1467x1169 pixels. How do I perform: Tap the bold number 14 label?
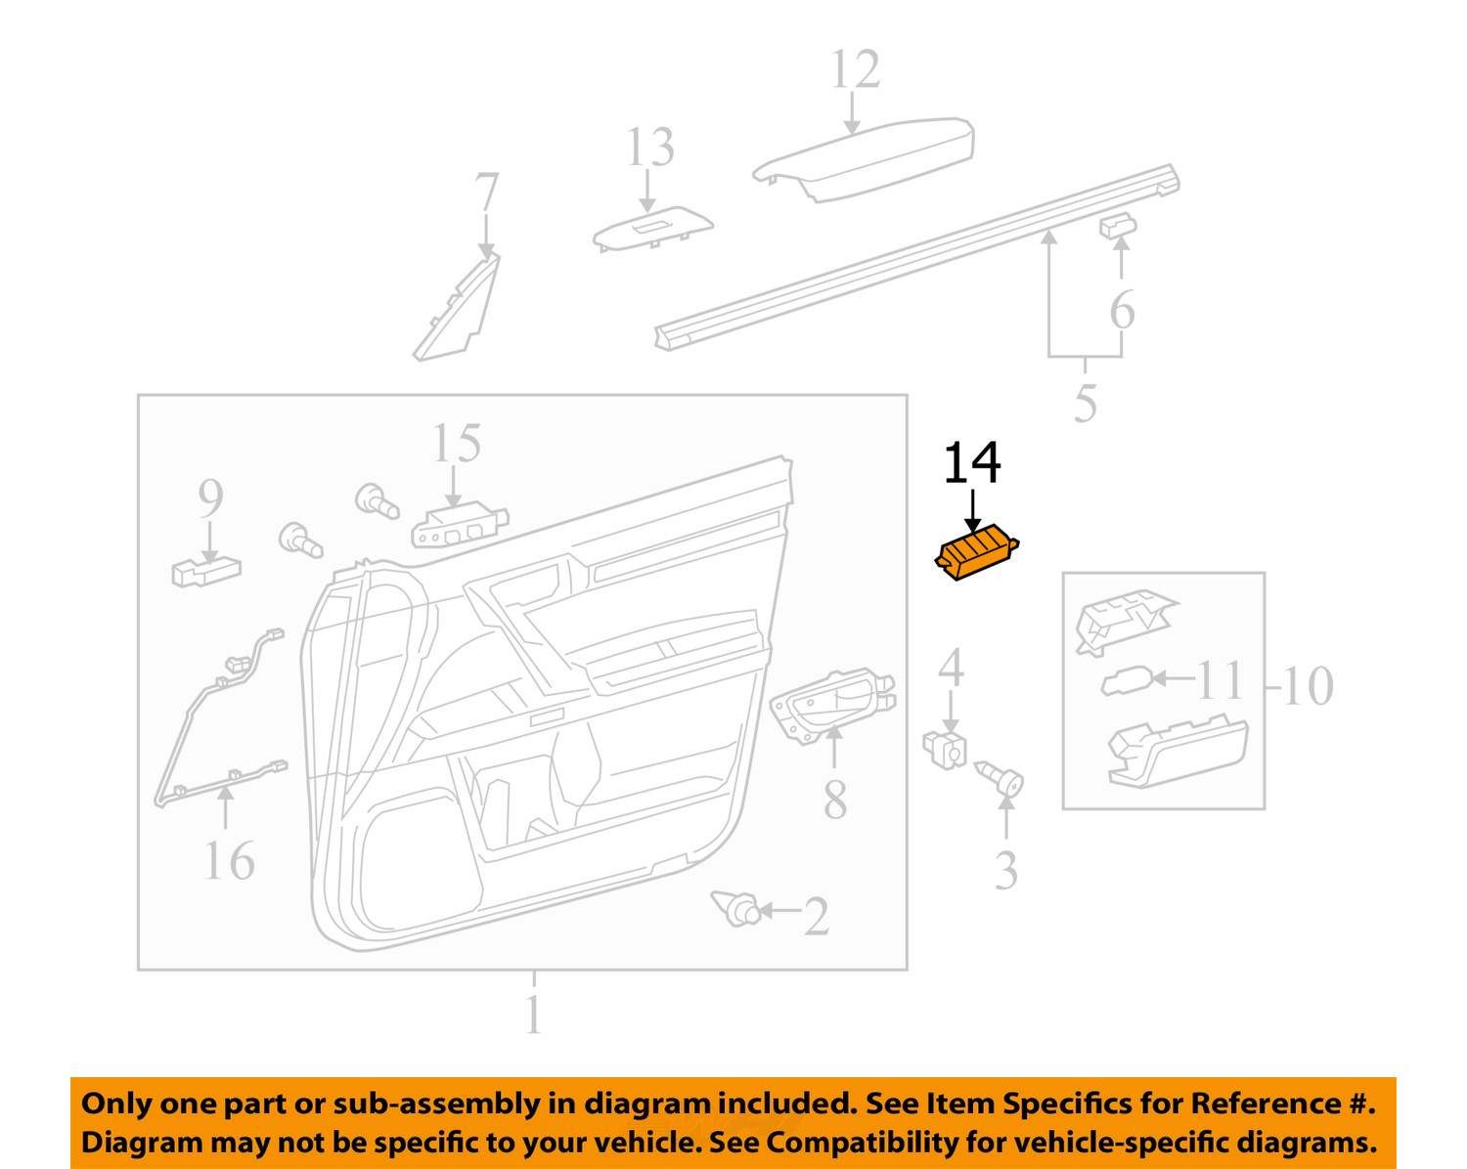972,464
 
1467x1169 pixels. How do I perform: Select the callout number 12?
855,70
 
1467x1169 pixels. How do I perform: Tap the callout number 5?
1085,402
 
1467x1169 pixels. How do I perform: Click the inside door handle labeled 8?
831,699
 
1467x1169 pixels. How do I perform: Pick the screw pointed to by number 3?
1002,781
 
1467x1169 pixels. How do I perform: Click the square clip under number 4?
946,748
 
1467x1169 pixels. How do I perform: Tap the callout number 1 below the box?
533,1015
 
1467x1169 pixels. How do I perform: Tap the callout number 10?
1308,685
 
